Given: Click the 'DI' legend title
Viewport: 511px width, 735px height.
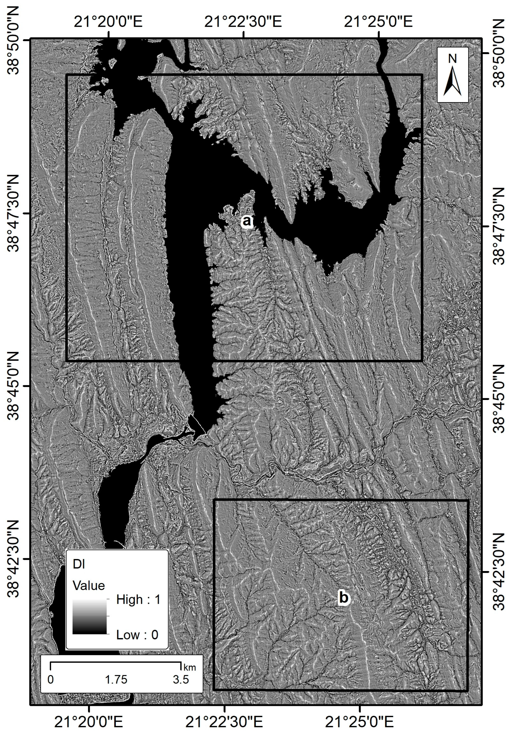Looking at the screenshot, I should (79, 565).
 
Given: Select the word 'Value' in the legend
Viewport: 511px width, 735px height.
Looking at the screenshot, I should (89, 586).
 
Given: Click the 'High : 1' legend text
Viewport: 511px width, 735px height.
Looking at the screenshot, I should (138, 600).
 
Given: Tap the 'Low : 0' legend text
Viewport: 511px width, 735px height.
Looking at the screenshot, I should (137, 635).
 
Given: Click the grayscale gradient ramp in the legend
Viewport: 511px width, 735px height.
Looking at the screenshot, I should (89, 616).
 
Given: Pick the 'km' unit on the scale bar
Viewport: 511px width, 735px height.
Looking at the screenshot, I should (189, 667).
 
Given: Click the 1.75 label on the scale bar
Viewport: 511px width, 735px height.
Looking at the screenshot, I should (116, 680).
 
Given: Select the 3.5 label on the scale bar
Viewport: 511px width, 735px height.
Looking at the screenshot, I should (181, 680).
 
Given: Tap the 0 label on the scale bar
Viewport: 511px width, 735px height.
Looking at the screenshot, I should (51, 680).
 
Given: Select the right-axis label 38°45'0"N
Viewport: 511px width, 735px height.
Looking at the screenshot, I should (498, 399).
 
